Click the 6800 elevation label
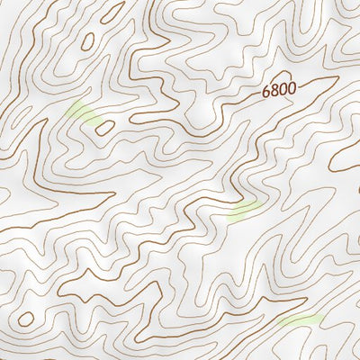tap(278, 92)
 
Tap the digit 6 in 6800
tap(266, 94)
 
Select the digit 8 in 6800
tap(274, 93)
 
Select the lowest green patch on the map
tap(300, 320)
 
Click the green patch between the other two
tap(245, 211)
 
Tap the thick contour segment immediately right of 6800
tap(306, 86)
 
